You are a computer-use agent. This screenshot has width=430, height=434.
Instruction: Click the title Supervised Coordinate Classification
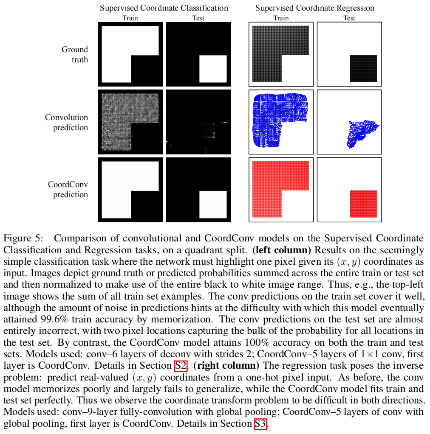(164, 8)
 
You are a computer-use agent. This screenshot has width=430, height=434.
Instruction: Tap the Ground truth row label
(75, 55)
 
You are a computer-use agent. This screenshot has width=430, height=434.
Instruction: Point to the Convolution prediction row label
(67, 122)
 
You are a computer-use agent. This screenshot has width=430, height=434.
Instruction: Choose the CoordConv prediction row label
(68, 190)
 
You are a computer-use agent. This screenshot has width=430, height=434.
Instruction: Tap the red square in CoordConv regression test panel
(363, 204)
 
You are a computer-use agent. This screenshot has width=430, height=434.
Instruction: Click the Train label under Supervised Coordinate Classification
(130, 18)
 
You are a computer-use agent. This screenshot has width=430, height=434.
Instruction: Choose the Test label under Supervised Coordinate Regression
(349, 18)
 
